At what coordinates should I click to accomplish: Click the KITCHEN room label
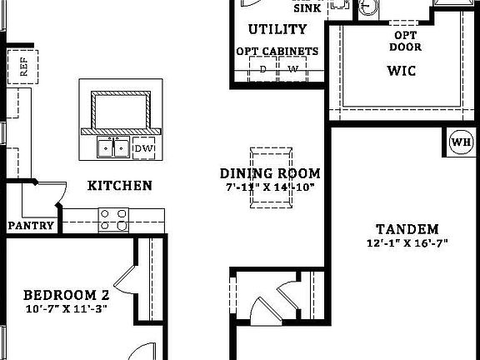120,185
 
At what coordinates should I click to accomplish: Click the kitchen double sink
112,148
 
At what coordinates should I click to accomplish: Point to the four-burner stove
115,219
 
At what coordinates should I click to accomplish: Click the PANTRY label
31,226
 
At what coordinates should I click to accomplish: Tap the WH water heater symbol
461,140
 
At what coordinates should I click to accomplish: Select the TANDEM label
407,229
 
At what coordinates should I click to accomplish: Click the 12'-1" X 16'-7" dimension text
407,243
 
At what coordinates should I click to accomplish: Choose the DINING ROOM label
270,173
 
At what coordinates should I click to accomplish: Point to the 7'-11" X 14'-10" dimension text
270,187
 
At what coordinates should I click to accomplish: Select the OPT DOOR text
406,41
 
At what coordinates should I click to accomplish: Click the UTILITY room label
277,30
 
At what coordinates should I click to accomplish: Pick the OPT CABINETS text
277,52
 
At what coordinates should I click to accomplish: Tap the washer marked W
292,70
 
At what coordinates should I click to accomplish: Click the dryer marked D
263,70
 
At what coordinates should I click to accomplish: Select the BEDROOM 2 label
66,295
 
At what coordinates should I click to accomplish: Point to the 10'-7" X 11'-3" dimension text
66,308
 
